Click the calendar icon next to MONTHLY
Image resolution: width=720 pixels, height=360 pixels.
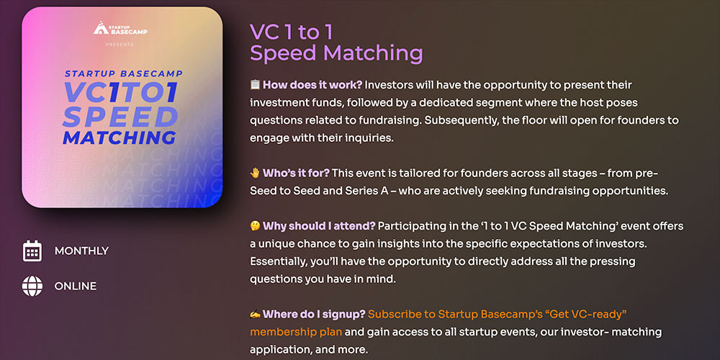coord(32,251)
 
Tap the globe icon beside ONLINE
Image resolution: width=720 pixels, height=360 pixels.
coord(32,286)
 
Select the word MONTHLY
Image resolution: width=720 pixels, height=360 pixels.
coord(82,251)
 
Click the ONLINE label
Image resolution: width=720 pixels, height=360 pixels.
coord(76,286)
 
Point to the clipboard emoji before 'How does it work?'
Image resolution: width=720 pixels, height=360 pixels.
coord(255,85)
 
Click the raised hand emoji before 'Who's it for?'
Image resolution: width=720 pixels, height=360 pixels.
coord(255,173)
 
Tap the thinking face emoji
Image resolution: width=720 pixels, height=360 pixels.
coord(255,226)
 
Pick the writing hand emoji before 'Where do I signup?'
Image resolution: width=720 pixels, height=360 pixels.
coord(255,314)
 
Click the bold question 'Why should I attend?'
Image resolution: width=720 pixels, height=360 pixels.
coord(319,226)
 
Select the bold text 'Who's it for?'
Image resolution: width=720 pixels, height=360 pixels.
coord(296,173)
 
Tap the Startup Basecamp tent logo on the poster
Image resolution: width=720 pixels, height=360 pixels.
coord(101,28)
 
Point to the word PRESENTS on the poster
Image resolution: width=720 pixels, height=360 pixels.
coord(120,45)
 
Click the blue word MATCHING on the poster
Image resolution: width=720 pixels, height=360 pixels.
coord(119,138)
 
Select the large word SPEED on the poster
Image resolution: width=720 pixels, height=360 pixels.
coord(120,117)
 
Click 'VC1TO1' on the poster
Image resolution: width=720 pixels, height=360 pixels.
coord(120,92)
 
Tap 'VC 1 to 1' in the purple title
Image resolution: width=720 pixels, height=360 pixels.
coord(291,32)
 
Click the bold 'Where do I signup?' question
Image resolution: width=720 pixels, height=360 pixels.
coord(314,314)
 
